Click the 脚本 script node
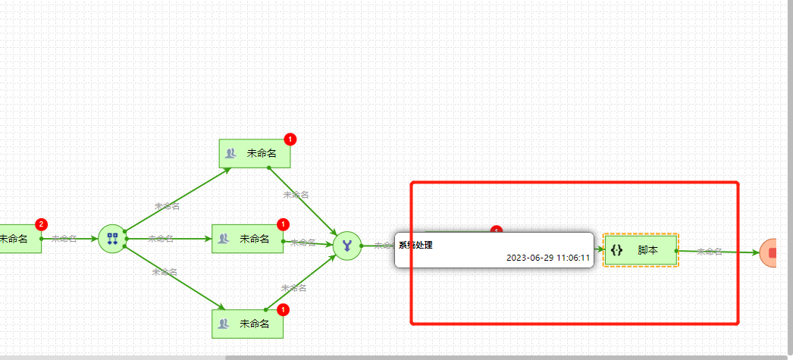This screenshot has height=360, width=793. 641,250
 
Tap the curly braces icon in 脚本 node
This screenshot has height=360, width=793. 616,250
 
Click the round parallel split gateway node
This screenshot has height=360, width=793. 112,238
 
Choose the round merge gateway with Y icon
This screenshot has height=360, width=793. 347,245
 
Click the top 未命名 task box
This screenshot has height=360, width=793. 255,153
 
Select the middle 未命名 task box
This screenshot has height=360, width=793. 247,239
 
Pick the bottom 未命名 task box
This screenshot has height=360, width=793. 247,324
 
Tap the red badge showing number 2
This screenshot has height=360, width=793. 41,224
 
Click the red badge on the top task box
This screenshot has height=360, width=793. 290,139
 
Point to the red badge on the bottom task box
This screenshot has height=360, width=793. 283,310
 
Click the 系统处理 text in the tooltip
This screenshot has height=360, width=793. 416,245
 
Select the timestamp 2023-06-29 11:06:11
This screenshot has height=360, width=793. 548,258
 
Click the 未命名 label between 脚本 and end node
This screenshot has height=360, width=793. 709,252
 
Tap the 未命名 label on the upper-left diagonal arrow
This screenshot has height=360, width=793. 167,206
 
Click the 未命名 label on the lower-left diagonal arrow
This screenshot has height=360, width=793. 165,272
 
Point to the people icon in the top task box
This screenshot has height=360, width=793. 230,154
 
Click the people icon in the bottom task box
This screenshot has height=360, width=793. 223,324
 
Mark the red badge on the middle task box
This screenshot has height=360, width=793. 283,224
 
